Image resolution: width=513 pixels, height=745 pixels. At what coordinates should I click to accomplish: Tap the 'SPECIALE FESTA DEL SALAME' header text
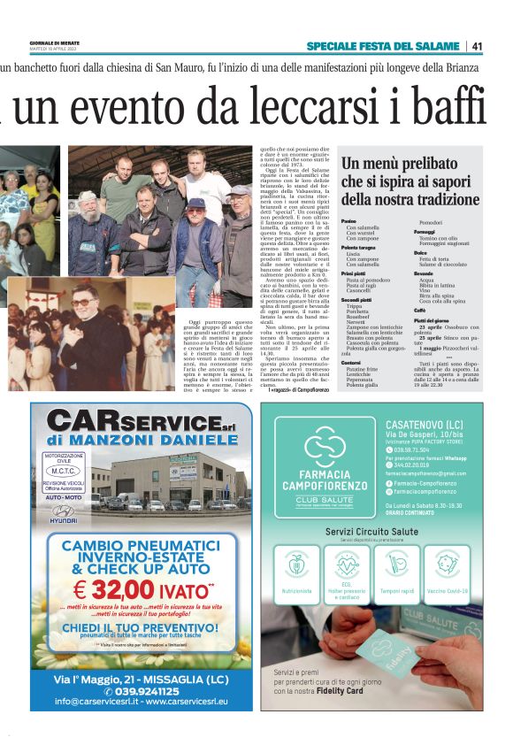(384, 46)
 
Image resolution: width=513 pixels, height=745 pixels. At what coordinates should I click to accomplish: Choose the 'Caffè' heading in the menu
(420, 311)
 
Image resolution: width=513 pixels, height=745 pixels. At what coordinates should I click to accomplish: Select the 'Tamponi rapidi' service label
(397, 590)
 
